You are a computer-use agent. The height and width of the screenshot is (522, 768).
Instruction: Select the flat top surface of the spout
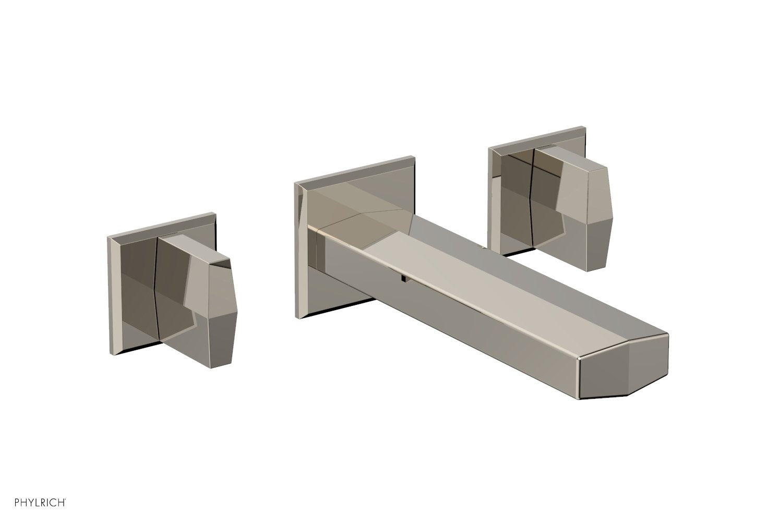click(470, 292)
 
